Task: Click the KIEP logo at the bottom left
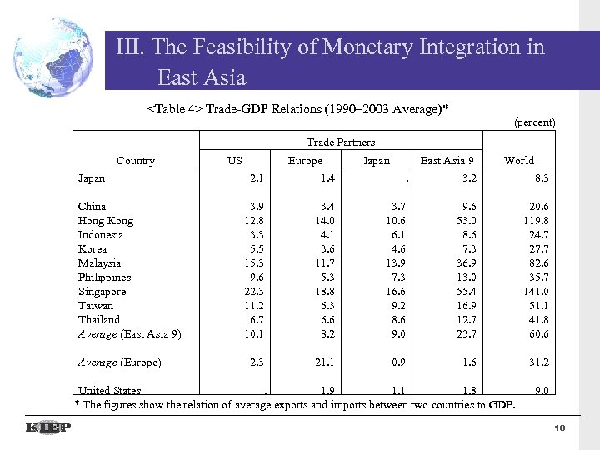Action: (x=48, y=427)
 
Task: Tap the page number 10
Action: (x=559, y=427)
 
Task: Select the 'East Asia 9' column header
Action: (x=447, y=160)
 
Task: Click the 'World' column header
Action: (x=519, y=160)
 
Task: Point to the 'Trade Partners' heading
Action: (x=341, y=142)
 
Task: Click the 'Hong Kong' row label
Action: (x=106, y=220)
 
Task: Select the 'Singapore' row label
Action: (x=102, y=291)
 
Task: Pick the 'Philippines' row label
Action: (x=105, y=277)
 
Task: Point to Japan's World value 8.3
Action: (x=540, y=177)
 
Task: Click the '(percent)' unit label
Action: (x=534, y=122)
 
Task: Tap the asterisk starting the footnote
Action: (x=77, y=405)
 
